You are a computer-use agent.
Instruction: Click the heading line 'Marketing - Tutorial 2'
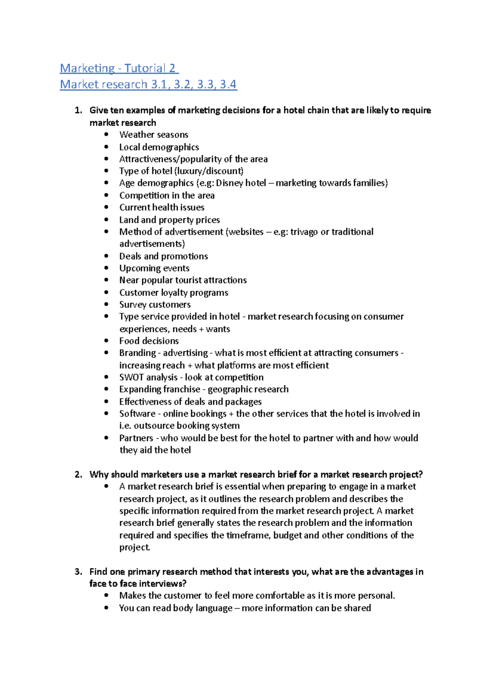click(119, 68)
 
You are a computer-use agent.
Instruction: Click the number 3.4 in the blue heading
click(228, 85)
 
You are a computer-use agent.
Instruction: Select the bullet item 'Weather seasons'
click(154, 135)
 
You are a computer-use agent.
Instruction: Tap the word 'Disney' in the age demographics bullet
click(230, 183)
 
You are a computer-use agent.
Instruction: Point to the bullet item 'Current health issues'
click(161, 207)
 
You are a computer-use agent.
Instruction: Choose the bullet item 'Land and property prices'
click(169, 220)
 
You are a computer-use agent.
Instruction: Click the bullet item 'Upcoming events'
click(154, 268)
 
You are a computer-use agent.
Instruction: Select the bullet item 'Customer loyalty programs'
click(173, 293)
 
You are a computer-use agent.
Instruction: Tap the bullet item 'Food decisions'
click(149, 341)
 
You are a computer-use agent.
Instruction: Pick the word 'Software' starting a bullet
click(137, 414)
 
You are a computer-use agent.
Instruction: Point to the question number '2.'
click(78, 475)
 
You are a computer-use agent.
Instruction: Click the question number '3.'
click(78, 572)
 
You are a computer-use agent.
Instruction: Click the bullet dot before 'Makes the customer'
click(106, 596)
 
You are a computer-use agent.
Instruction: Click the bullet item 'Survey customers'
click(155, 305)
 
